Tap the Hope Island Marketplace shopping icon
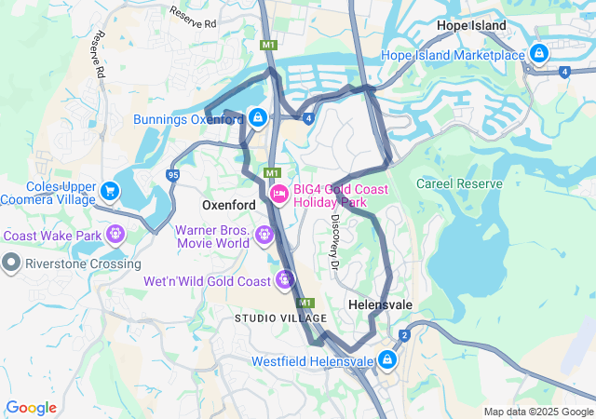tap(539, 55)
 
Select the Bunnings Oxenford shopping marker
tap(257, 119)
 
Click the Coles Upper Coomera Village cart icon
tap(111, 191)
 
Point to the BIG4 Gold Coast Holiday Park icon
tap(278, 194)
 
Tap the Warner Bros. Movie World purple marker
tap(264, 236)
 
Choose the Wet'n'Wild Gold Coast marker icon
tap(285, 279)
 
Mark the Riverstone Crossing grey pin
tap(11, 263)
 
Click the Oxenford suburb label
tap(229, 204)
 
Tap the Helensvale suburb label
tap(380, 304)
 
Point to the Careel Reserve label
tap(459, 183)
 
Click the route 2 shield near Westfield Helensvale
tap(404, 335)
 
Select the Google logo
tap(31, 408)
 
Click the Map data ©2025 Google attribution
tap(538, 412)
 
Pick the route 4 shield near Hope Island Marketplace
tap(564, 71)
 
